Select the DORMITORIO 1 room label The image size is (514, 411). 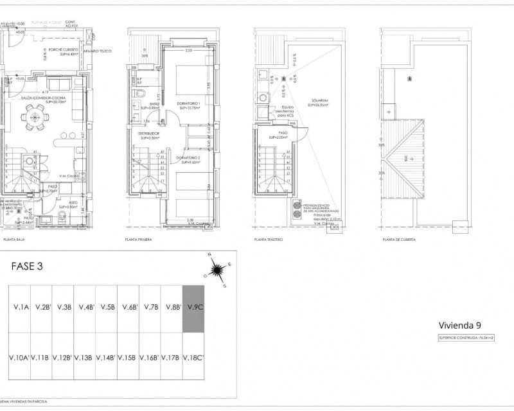click(190, 105)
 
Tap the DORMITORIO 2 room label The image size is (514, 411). click(190, 159)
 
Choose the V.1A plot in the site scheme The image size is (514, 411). click(19, 308)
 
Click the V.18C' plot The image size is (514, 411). click(193, 357)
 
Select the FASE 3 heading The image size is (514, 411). click(28, 266)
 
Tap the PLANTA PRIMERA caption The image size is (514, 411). click(140, 239)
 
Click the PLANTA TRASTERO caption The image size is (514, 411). click(269, 239)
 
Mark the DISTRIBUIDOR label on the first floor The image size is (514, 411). click(149, 134)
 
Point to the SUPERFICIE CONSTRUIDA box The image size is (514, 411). click(461, 337)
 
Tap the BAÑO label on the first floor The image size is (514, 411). click(154, 104)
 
